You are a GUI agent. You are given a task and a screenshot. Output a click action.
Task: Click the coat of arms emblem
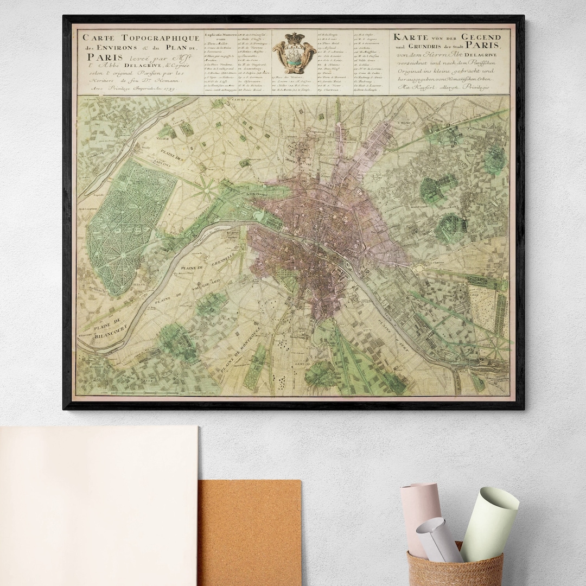tap(294, 53)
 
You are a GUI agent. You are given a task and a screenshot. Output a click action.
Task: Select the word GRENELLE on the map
tap(219, 259)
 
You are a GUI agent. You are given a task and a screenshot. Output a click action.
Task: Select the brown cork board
tap(249, 532)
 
